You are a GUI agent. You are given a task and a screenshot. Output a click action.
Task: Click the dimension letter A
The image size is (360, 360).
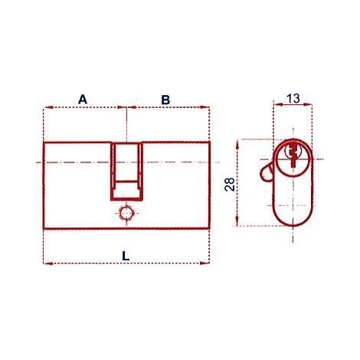click(83, 100)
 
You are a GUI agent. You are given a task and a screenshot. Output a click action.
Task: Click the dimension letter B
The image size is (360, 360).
click(165, 100)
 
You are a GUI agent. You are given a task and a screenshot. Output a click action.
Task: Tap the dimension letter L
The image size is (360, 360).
click(126, 256)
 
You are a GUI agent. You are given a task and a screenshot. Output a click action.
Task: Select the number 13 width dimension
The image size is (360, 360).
click(293, 99)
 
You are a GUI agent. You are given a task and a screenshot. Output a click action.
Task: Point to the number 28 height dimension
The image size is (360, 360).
click(230, 184)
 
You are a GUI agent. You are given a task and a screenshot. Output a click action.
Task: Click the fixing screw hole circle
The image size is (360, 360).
click(126, 213)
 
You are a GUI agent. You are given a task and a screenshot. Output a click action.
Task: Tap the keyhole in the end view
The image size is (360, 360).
click(293, 155)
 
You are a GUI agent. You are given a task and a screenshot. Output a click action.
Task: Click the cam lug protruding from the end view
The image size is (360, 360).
click(266, 173)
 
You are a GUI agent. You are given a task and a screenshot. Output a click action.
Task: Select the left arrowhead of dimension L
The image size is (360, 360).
click(48, 263)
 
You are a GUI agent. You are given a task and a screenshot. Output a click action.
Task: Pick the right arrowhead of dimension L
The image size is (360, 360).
click(205, 263)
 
